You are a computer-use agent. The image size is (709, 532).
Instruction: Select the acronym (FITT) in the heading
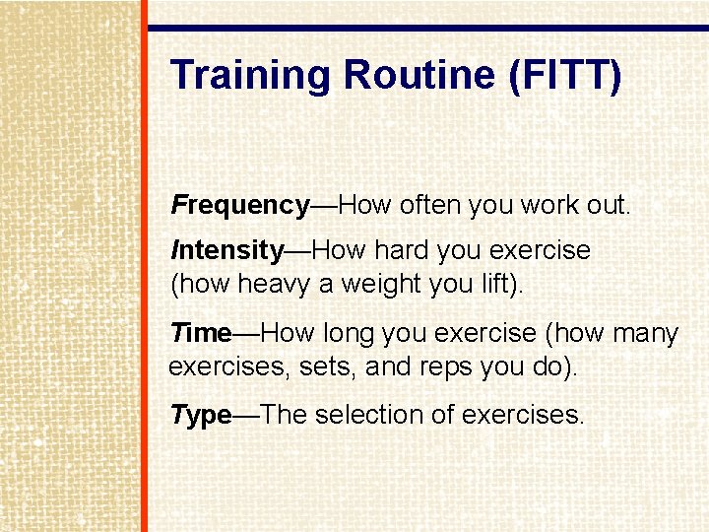(565, 76)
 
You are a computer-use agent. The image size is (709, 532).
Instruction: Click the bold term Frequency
(240, 206)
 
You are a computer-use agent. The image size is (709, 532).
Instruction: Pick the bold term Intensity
(227, 251)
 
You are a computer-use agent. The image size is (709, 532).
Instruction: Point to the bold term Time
(201, 334)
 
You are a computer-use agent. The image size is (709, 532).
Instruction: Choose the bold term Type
(201, 415)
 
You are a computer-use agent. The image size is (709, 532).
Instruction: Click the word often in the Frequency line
(429, 206)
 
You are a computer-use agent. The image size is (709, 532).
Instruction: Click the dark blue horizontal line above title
(427, 29)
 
